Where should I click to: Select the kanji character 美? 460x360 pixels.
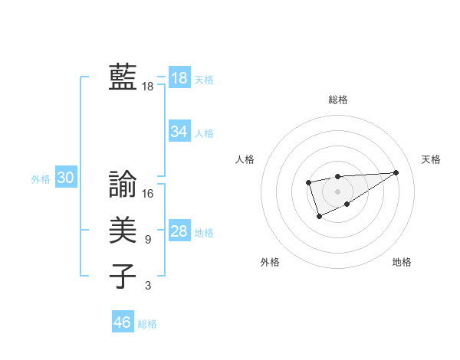coord(123,230)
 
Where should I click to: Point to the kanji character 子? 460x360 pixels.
coord(123,276)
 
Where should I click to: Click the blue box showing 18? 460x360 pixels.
coord(179,77)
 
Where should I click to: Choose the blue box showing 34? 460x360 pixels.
coord(179,132)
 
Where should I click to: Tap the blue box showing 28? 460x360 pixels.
coord(179,231)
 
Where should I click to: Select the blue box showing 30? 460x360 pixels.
coord(66,178)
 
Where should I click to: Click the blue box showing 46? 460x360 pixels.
coord(123,322)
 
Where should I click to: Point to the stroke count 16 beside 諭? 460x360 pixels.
coord(148,194)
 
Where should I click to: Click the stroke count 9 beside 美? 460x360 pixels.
coord(148,240)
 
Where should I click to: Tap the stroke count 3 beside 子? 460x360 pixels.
coord(148,286)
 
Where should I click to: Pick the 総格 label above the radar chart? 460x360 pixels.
coord(337,100)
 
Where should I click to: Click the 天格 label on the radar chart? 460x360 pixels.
coord(431,159)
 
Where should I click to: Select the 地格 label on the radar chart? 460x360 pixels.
coord(402,262)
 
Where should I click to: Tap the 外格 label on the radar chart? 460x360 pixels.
coord(270,262)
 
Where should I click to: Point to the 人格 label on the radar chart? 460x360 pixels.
coord(245,159)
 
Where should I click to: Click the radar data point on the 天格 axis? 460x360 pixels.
coord(396,172)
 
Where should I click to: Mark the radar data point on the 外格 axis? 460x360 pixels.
coord(319,217)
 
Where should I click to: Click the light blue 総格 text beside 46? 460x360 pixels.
coord(147,324)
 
